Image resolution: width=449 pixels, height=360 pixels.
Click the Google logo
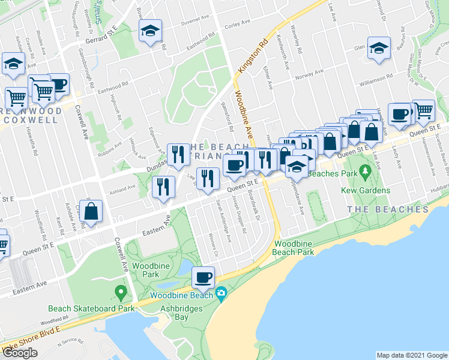pyautogui.click(x=20, y=353)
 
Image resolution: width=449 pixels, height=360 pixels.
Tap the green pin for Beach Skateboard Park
pyautogui.click(x=121, y=293)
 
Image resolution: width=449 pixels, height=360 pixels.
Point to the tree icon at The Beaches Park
pyautogui.click(x=365, y=173)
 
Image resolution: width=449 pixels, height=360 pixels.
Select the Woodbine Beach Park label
pyautogui.click(x=294, y=248)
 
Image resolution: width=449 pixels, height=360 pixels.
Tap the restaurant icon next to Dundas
pyautogui.click(x=178, y=155)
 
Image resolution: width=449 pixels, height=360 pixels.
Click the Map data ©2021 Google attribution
pyautogui.click(x=412, y=355)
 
